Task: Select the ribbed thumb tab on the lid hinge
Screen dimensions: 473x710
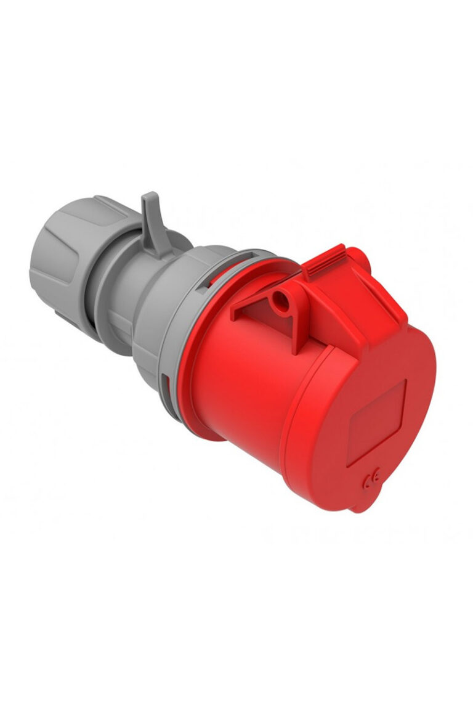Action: coord(323,262)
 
